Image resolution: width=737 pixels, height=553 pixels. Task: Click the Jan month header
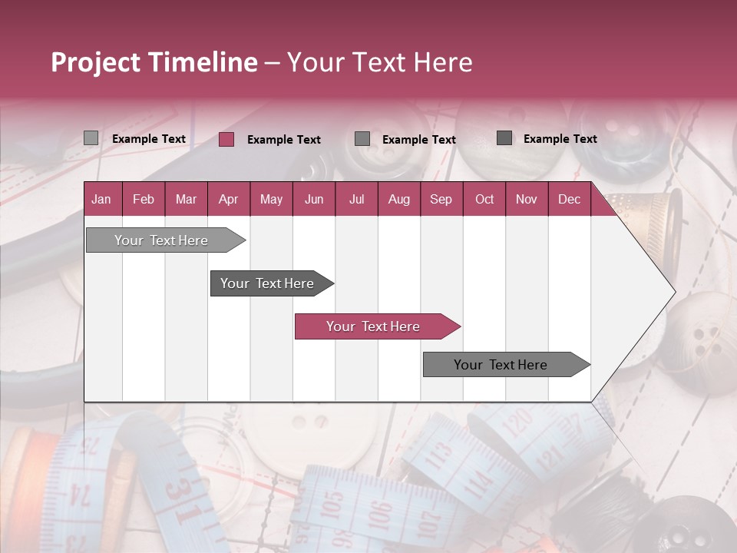coord(101,199)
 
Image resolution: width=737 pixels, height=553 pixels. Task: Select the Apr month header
coord(228,199)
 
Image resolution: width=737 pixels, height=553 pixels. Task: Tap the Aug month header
coord(398,199)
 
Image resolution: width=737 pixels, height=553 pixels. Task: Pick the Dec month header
coord(569,199)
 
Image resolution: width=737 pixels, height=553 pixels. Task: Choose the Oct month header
coord(484,199)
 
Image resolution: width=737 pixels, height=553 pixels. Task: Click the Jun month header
coord(313,199)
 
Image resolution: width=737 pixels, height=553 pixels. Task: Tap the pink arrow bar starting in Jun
coord(375,326)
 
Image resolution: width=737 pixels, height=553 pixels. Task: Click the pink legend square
coord(226,139)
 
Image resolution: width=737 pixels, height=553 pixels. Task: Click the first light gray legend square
coord(91,138)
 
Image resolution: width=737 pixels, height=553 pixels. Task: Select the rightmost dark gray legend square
coord(504,138)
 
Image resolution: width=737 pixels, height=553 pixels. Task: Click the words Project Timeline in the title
coord(154,62)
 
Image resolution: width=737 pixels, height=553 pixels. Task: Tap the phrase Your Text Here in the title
coord(380,62)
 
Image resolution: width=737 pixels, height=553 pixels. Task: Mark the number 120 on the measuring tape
coord(519,424)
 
